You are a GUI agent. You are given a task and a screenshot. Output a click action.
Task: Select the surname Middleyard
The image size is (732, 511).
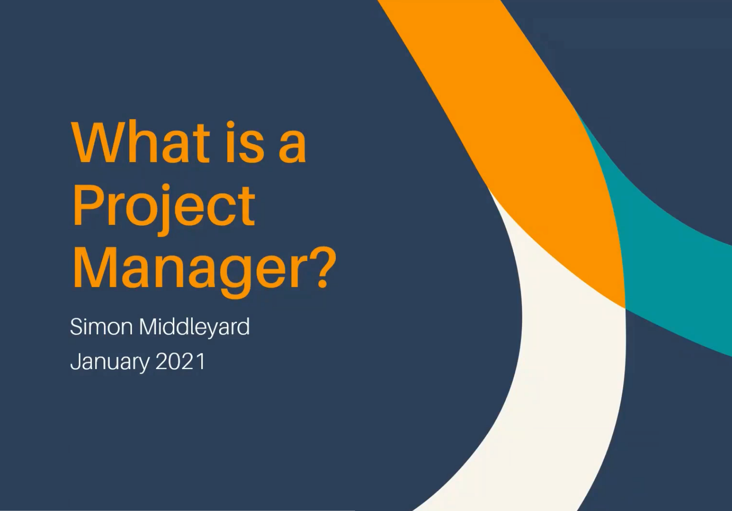(x=194, y=327)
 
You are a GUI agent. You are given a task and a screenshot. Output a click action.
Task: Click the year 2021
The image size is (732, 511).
(x=180, y=361)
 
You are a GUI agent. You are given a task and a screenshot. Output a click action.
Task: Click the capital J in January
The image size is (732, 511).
(x=76, y=361)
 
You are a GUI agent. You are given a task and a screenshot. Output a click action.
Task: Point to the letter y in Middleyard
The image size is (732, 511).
(x=211, y=331)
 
